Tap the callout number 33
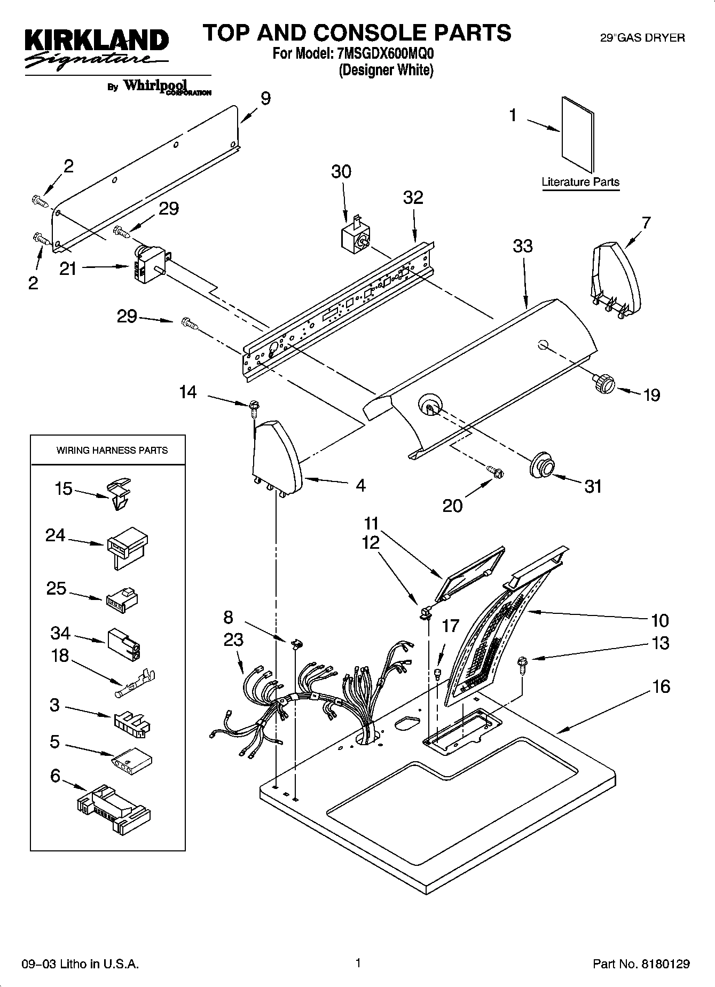click(522, 246)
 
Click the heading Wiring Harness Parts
click(112, 451)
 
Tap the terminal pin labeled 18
click(137, 684)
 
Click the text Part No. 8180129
click(641, 964)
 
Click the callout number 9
click(265, 98)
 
